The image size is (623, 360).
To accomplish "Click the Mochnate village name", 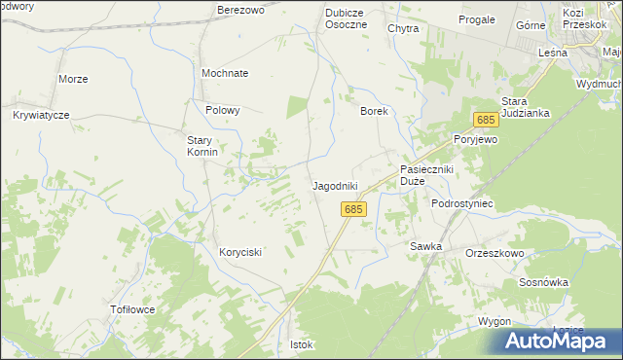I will click(225, 73).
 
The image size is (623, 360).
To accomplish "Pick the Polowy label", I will click(223, 110).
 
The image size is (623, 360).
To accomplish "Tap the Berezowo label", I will click(242, 10).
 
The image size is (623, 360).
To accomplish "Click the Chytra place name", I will click(403, 29).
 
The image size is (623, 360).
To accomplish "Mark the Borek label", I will click(375, 111).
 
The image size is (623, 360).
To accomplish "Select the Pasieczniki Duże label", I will click(427, 175).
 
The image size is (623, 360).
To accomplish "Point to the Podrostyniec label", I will click(463, 203).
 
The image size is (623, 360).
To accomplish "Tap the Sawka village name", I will click(426, 246).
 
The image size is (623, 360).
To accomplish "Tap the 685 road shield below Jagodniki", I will click(353, 209).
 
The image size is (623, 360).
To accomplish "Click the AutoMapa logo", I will click(559, 341).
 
